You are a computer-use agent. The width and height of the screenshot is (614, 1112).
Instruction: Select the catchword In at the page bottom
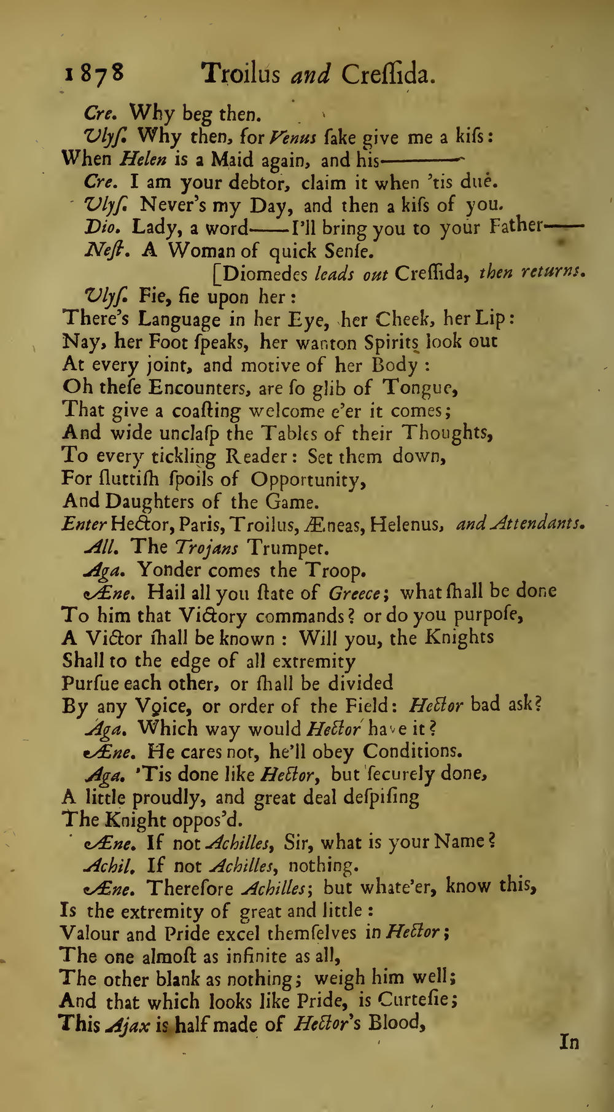click(569, 1042)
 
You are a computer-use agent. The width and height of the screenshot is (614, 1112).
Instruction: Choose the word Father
click(515, 227)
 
